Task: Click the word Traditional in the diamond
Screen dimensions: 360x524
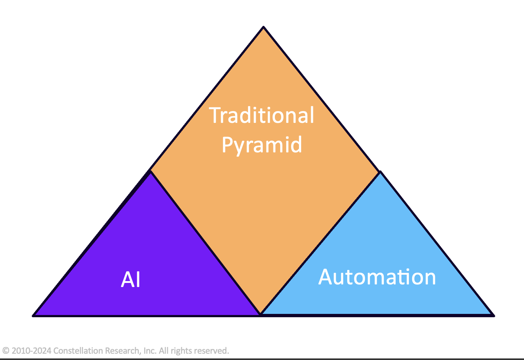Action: tap(262, 115)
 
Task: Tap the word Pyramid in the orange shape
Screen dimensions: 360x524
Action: tap(262, 145)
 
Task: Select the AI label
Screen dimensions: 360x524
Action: tap(131, 280)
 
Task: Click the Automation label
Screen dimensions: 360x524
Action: tap(377, 277)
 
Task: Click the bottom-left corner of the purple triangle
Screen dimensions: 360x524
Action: tap(34, 315)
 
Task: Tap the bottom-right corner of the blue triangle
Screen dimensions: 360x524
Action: tap(493, 315)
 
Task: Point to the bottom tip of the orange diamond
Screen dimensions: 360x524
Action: tap(261, 314)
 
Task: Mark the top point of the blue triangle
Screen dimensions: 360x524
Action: tap(380, 172)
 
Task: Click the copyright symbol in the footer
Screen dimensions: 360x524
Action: tap(6, 350)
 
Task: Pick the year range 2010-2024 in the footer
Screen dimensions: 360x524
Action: tap(31, 350)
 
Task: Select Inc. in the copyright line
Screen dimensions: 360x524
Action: tap(150, 350)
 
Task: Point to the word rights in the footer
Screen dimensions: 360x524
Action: tap(180, 351)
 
